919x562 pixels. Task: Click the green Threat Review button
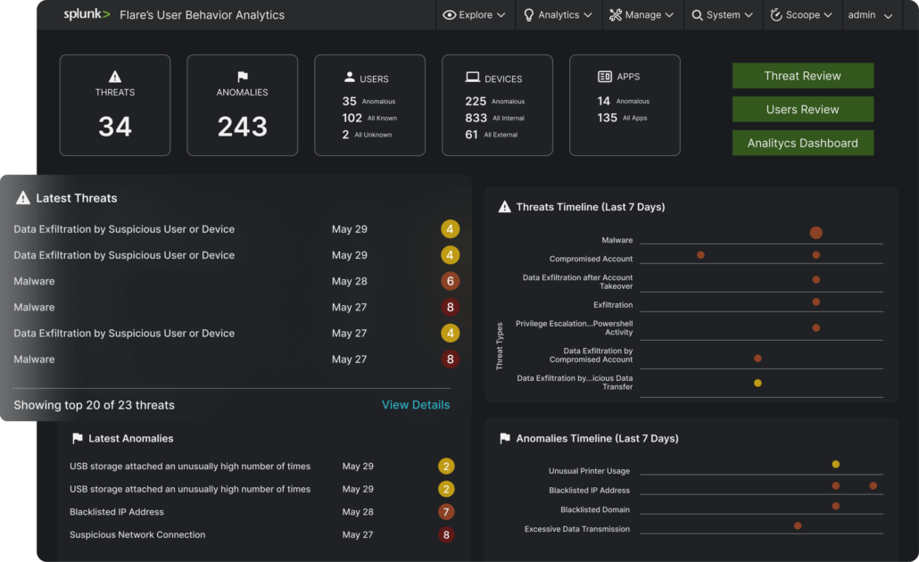pos(802,76)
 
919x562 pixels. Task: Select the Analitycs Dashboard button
pos(802,143)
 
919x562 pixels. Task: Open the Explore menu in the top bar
pos(474,14)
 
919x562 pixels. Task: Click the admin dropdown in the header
pos(870,15)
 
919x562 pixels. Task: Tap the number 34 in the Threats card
pos(115,127)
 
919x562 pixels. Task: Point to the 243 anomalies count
pos(242,127)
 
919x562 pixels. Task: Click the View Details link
pos(416,405)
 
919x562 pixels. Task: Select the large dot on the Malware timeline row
pos(816,233)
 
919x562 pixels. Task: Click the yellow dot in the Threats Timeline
pos(758,384)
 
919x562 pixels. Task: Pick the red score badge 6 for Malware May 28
pos(450,281)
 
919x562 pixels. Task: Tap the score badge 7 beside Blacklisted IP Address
pos(446,512)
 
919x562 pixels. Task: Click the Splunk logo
pos(87,14)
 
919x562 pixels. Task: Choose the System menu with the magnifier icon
pos(722,14)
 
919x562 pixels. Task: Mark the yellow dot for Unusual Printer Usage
pos(836,464)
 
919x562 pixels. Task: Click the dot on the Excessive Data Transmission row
pos(798,525)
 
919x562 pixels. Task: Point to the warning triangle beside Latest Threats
pos(23,197)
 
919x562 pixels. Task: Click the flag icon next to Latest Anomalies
pos(77,438)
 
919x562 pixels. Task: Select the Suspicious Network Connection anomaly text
pos(137,534)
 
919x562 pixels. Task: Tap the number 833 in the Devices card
pos(476,118)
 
